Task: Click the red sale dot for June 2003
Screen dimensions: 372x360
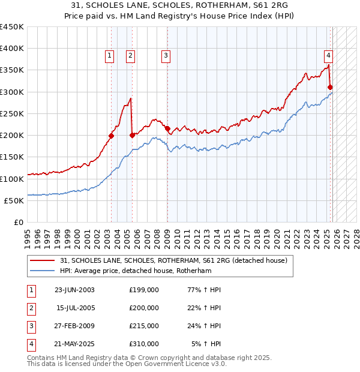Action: pyautogui.click(x=111, y=136)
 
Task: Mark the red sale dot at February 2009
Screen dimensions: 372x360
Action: pyautogui.click(x=167, y=128)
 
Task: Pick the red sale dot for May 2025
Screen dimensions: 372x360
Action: pyautogui.click(x=331, y=88)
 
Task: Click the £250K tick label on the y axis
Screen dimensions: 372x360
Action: pyautogui.click(x=11, y=113)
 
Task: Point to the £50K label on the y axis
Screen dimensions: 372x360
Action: pyautogui.click(x=14, y=200)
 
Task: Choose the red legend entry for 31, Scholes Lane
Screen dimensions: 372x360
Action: pyautogui.click(x=174, y=260)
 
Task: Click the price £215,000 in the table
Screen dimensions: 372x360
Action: pyautogui.click(x=144, y=326)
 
